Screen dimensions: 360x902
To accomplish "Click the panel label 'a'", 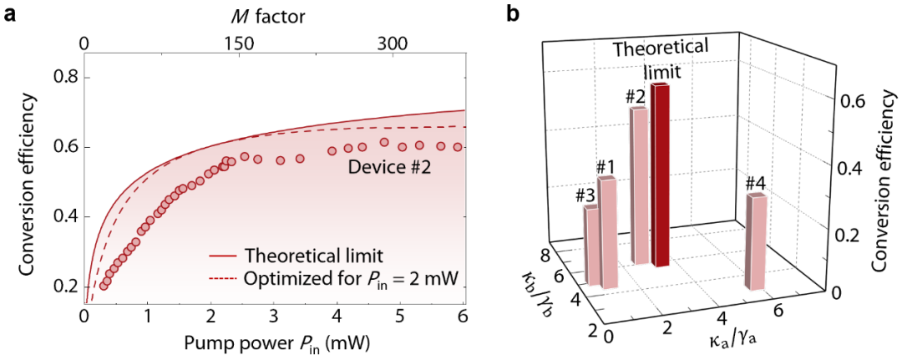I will [9, 14].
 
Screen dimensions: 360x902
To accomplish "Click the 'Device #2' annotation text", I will [388, 167].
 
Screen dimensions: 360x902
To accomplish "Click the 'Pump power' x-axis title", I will [272, 342].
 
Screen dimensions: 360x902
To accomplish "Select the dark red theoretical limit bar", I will [661, 175].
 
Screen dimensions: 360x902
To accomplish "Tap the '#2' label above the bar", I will [636, 96].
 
